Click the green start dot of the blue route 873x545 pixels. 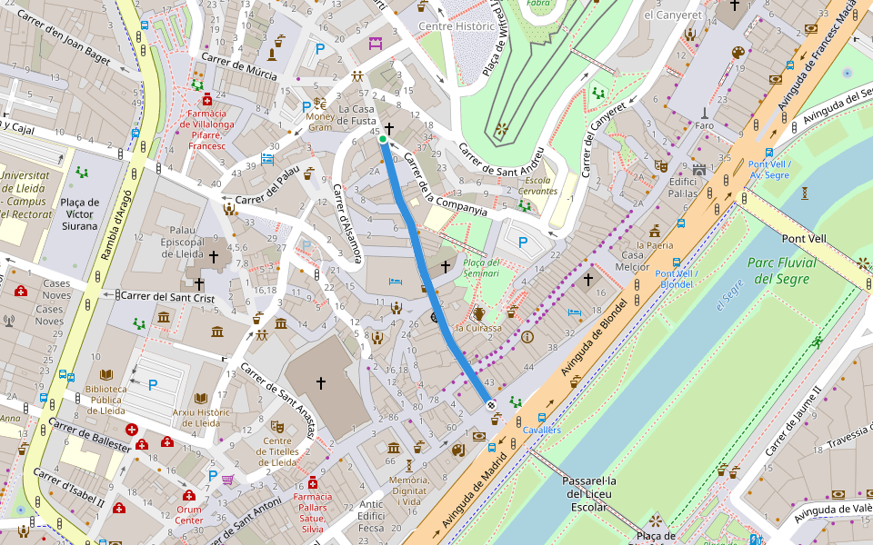(383, 139)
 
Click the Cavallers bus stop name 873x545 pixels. (542, 430)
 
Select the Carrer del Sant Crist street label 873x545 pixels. (172, 296)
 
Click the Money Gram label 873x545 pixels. (320, 122)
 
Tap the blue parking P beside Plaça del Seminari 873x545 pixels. (522, 242)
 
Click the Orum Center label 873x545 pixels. (189, 515)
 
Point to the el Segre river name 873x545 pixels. (728, 292)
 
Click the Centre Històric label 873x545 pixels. (456, 26)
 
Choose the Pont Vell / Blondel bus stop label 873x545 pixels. (674, 279)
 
